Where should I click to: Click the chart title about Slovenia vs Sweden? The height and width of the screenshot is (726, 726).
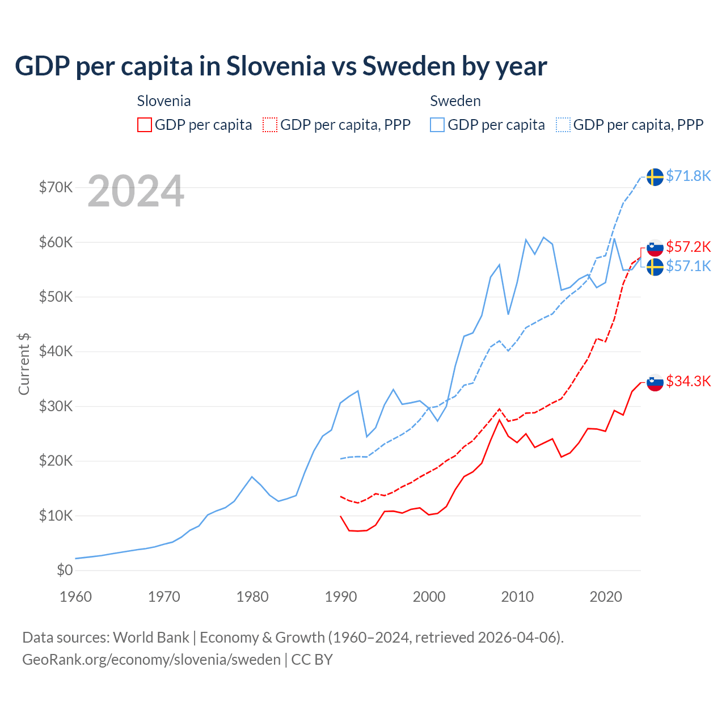(281, 66)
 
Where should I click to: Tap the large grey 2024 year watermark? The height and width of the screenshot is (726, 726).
(136, 192)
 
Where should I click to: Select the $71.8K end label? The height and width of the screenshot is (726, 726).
(688, 176)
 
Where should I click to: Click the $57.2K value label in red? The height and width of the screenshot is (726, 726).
(688, 247)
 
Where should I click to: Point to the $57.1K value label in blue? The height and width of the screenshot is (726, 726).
(688, 266)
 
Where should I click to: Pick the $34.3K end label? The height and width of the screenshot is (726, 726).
(688, 381)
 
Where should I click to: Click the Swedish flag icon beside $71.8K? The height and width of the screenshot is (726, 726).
(655, 177)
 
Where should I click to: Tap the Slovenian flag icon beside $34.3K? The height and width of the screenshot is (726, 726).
(655, 383)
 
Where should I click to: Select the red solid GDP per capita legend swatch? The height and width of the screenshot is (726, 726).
(145, 125)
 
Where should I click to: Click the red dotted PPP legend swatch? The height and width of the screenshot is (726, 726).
(270, 125)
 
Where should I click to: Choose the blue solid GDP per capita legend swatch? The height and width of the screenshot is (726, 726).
(437, 125)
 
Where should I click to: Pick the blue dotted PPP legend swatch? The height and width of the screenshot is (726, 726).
(563, 125)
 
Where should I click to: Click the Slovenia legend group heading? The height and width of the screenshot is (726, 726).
(164, 101)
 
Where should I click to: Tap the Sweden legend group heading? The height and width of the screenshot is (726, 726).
(455, 101)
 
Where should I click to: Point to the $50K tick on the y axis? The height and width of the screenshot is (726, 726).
(56, 297)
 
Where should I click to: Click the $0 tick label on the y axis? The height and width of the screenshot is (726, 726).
(65, 570)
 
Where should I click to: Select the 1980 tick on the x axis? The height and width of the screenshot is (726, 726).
(252, 597)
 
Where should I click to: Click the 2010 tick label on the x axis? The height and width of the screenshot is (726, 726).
(517, 597)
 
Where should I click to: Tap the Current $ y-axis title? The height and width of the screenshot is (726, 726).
(24, 364)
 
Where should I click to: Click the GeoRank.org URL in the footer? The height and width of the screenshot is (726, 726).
(151, 660)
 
